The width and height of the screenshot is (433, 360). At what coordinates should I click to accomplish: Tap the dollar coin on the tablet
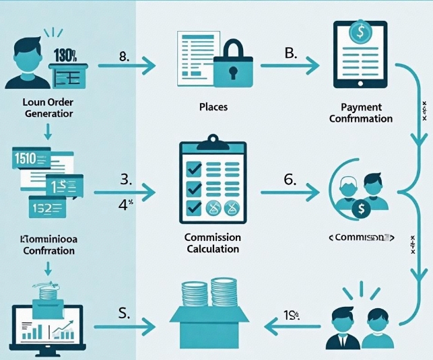pyautogui.click(x=361, y=32)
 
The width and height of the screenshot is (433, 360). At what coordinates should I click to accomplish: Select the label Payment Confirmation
pyautogui.click(x=361, y=112)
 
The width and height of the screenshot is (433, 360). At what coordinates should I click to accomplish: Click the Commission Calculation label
pyautogui.click(x=212, y=243)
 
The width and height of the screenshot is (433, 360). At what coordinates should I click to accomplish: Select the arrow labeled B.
pyautogui.click(x=290, y=66)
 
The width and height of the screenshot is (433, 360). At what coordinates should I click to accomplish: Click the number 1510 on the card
pyautogui.click(x=24, y=159)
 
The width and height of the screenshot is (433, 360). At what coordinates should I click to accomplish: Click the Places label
pyautogui.click(x=213, y=106)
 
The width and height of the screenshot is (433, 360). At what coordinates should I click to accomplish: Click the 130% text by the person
pyautogui.click(x=65, y=55)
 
